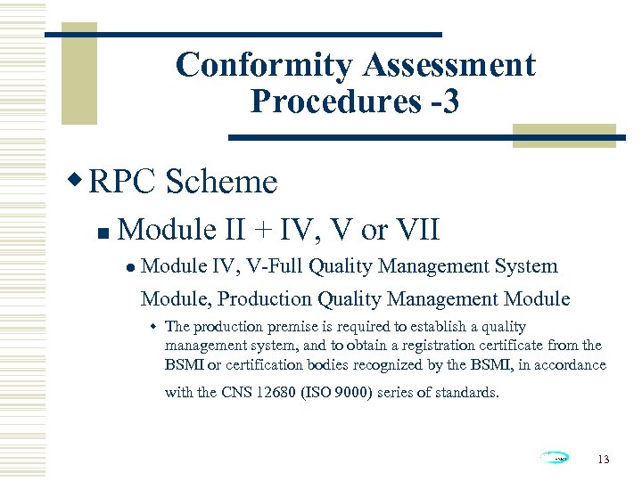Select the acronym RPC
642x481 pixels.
(x=123, y=182)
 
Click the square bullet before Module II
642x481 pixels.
(x=103, y=233)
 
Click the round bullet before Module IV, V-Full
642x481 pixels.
(x=129, y=267)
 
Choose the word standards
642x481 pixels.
(x=466, y=392)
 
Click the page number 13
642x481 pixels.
(x=604, y=460)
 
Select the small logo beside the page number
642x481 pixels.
(x=553, y=458)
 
